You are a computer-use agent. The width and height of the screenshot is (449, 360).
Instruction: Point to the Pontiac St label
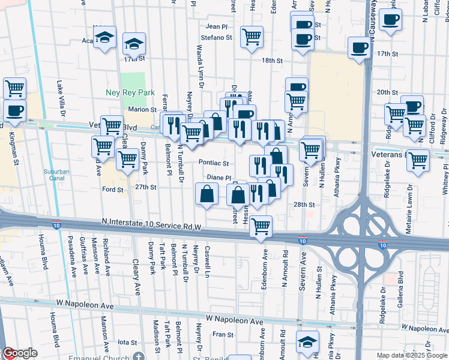click(215, 163)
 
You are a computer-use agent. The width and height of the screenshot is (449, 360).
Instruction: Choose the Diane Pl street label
click(219, 178)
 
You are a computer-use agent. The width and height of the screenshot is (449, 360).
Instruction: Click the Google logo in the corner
click(19, 353)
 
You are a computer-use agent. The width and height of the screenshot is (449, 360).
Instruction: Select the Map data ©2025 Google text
click(412, 355)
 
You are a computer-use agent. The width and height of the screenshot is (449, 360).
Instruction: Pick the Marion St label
click(142, 110)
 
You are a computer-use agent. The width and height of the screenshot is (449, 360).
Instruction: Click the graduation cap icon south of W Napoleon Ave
click(308, 342)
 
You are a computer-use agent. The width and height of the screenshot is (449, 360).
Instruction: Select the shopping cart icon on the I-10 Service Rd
click(261, 227)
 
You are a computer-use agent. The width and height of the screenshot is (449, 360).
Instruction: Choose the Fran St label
click(222, 334)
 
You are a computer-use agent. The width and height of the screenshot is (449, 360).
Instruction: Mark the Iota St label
click(127, 342)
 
